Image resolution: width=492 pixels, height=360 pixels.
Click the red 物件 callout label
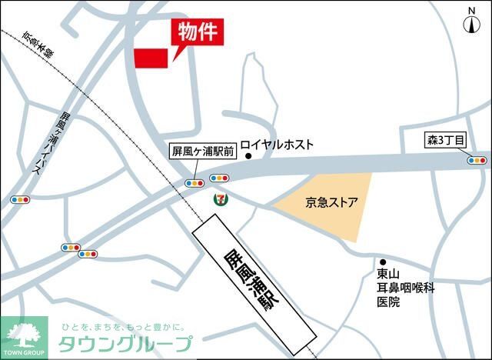(195, 32)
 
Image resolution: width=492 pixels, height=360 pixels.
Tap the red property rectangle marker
(151, 58)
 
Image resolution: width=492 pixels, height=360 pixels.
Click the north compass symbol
(470, 21)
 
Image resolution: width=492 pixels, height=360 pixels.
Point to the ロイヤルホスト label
(278, 144)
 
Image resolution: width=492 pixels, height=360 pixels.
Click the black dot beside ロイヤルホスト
(248, 157)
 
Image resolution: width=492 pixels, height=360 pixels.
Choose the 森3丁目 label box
(446, 140)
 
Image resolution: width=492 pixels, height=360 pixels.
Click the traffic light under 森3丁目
(477, 161)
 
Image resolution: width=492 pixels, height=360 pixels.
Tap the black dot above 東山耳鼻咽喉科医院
(382, 260)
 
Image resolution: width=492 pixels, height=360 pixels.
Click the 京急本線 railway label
(38, 45)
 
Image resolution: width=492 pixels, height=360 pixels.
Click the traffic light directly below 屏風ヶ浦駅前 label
(193, 183)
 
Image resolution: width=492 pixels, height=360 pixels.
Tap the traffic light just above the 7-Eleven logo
(218, 178)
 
